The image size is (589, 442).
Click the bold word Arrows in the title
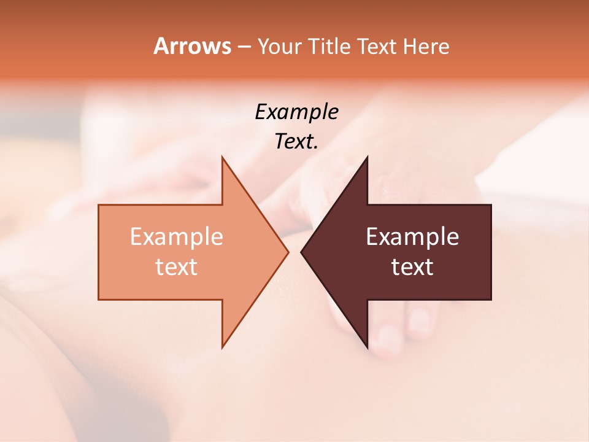192,46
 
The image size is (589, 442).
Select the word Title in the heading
329,46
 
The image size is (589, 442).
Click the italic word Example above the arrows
296,112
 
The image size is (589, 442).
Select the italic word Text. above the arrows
296,141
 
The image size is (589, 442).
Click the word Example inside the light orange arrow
176,236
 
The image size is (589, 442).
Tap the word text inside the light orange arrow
176,266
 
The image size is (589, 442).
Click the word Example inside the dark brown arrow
412,236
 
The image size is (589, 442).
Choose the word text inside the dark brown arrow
412,266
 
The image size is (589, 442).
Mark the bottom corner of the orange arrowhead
222,347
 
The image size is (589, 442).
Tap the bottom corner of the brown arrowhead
367,347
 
